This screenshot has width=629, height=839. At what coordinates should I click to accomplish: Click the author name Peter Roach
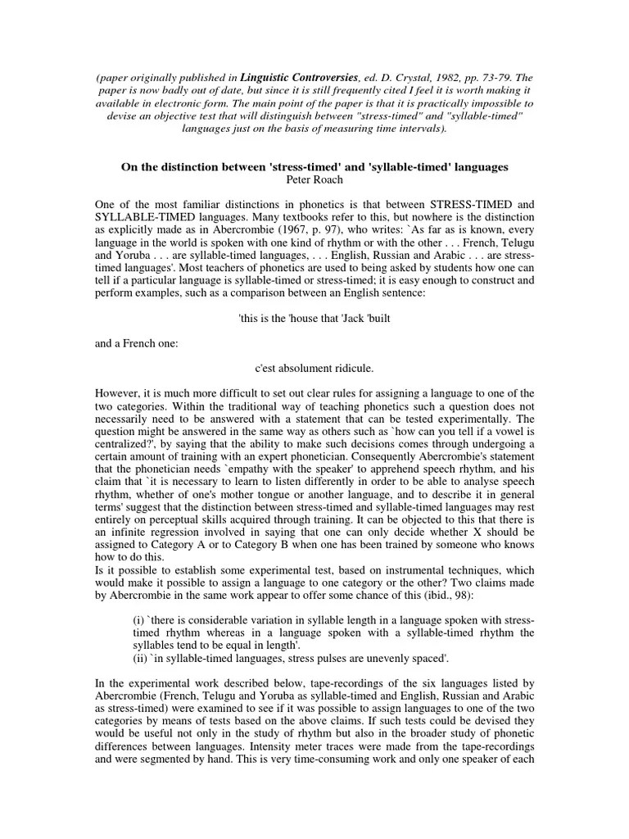click(315, 179)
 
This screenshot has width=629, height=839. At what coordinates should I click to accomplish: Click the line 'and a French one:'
click(137, 344)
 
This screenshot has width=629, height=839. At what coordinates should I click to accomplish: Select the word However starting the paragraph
click(117, 394)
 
